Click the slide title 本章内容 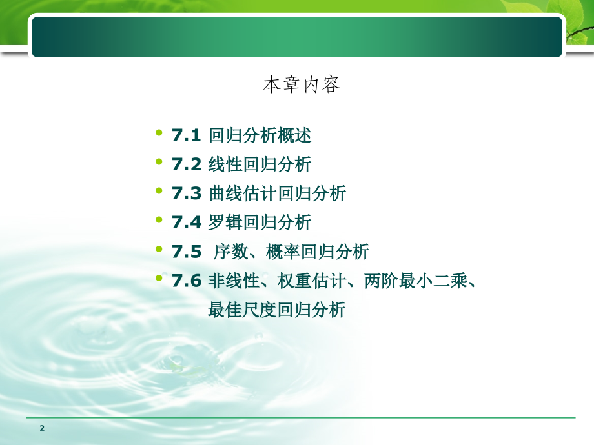click(302, 85)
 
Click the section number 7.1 click(187, 135)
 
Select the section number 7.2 click(187, 164)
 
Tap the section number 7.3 click(187, 193)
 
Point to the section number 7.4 click(187, 222)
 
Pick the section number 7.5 click(187, 252)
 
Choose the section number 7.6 click(187, 281)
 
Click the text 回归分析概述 click(260, 135)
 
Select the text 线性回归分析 click(260, 164)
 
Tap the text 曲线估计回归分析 click(278, 193)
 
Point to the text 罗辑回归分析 click(260, 222)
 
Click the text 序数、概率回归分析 click(291, 252)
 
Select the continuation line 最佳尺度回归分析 click(277, 310)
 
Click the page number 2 click(42, 428)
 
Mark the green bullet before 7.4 click(159, 220)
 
